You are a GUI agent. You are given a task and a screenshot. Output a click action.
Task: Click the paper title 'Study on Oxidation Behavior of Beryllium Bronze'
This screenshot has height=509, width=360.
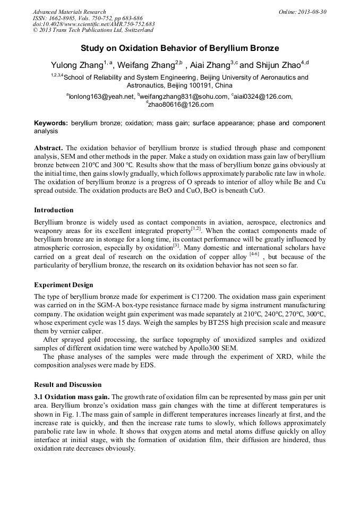tap(179, 48)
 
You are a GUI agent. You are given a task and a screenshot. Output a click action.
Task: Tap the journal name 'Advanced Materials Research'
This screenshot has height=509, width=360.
tap(69, 12)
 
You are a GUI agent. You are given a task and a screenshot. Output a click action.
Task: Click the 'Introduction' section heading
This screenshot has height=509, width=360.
tap(54, 210)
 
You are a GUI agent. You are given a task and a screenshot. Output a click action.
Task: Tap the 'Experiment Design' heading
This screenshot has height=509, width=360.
tap(63, 285)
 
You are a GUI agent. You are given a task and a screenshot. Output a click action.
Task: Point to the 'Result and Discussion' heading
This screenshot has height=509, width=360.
tap(67, 384)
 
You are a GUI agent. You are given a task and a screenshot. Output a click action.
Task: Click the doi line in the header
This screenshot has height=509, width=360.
tap(93, 24)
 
